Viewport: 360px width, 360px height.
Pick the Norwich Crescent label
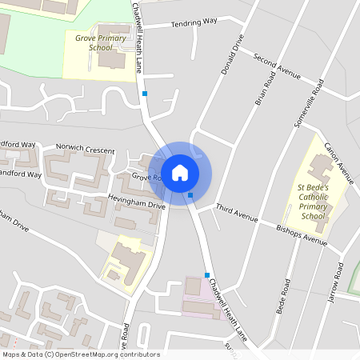pyautogui.click(x=86, y=150)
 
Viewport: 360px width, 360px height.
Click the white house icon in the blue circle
pyautogui.click(x=180, y=173)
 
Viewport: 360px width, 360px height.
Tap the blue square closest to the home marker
pyautogui.click(x=190, y=194)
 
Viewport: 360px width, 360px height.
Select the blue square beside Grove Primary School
pyautogui.click(x=145, y=94)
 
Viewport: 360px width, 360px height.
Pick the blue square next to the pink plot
pyautogui.click(x=206, y=275)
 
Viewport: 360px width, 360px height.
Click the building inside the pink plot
pyautogui.click(x=193, y=286)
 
